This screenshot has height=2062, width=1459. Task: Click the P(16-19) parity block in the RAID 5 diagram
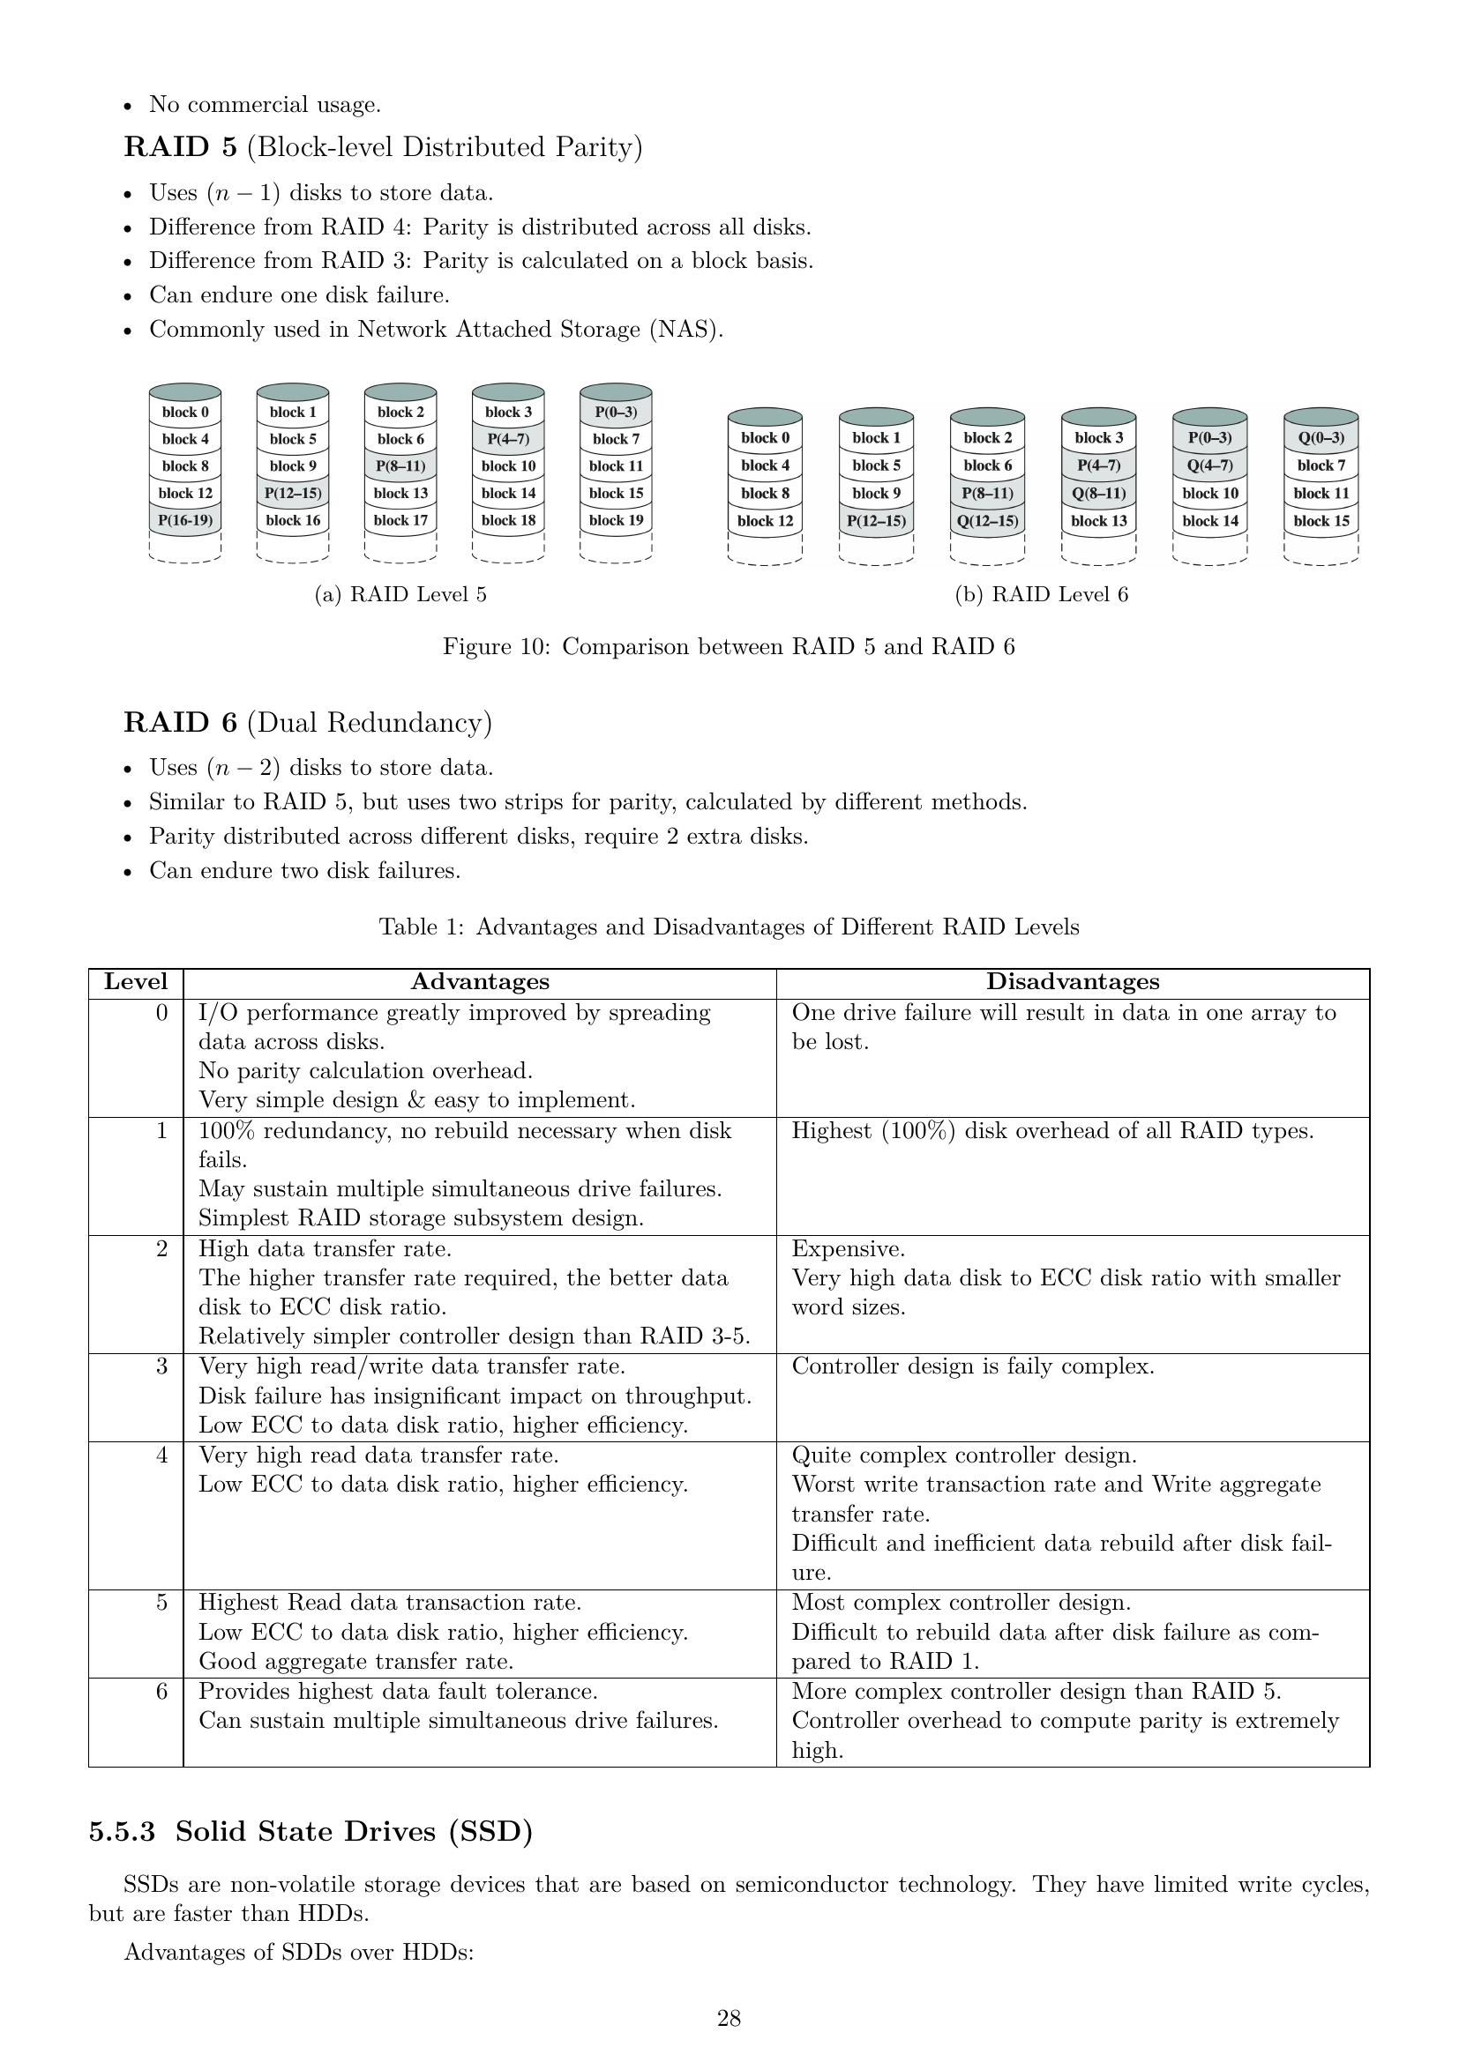(x=184, y=520)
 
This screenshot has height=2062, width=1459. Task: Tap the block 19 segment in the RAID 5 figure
(x=616, y=520)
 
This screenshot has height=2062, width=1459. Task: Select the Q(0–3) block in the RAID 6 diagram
(x=1321, y=438)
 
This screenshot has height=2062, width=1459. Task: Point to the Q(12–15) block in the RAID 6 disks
(x=987, y=521)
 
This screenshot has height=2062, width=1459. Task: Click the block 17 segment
(x=400, y=520)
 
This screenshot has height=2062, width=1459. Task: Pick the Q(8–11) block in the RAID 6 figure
(x=1098, y=493)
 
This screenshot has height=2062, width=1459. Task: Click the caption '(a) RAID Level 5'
(x=400, y=594)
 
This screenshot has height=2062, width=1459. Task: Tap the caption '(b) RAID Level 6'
(x=1041, y=594)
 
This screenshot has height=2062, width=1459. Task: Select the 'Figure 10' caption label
(x=495, y=646)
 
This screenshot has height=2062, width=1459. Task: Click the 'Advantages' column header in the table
(x=480, y=981)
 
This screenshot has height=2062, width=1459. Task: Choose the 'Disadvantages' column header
(x=1073, y=981)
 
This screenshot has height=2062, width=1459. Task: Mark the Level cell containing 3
(x=161, y=1366)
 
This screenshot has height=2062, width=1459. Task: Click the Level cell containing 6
(x=161, y=1691)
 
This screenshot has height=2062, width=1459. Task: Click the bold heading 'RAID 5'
(x=181, y=147)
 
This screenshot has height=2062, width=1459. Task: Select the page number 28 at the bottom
(x=729, y=2019)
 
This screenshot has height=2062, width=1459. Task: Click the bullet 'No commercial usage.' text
(x=265, y=105)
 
